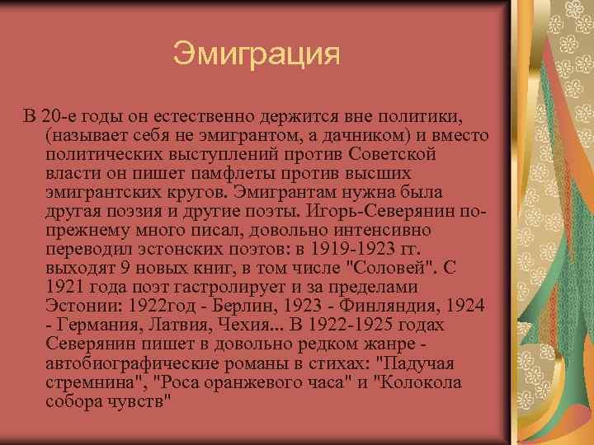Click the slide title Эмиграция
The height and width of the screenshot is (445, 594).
[257, 55]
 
